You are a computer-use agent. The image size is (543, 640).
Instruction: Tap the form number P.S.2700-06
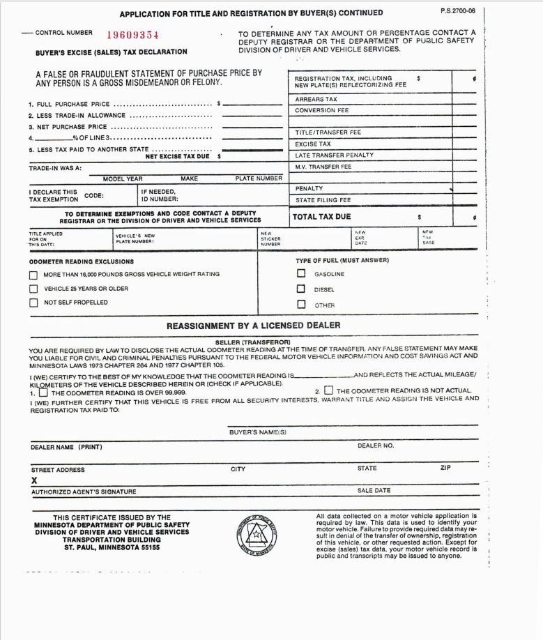click(458, 11)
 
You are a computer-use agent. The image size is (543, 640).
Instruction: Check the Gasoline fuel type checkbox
click(301, 274)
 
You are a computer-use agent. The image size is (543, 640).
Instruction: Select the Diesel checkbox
click(301, 289)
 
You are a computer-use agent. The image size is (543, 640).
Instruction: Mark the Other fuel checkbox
click(301, 304)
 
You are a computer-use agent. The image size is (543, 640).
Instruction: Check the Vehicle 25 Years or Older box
click(33, 289)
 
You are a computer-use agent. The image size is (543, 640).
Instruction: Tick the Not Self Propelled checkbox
click(33, 303)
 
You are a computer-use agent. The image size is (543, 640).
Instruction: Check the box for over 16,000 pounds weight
click(33, 275)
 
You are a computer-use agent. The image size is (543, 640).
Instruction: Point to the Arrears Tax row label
click(316, 100)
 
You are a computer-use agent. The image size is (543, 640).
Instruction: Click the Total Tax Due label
click(321, 217)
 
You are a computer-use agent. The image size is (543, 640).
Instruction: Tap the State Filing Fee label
click(323, 200)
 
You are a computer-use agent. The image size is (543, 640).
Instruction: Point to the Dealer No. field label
click(376, 445)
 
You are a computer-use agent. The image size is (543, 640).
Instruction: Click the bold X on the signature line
click(33, 480)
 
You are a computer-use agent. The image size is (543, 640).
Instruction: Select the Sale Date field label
click(374, 492)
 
